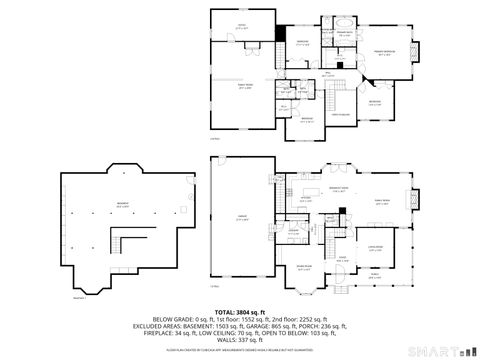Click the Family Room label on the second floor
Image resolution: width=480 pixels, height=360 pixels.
(x=244, y=88)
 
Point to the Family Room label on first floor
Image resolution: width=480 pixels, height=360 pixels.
(x=382, y=202)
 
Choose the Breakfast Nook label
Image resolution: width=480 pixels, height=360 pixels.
(x=337, y=187)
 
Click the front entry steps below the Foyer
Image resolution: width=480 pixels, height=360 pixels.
(x=342, y=290)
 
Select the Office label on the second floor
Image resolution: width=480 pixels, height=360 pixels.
(x=241, y=27)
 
